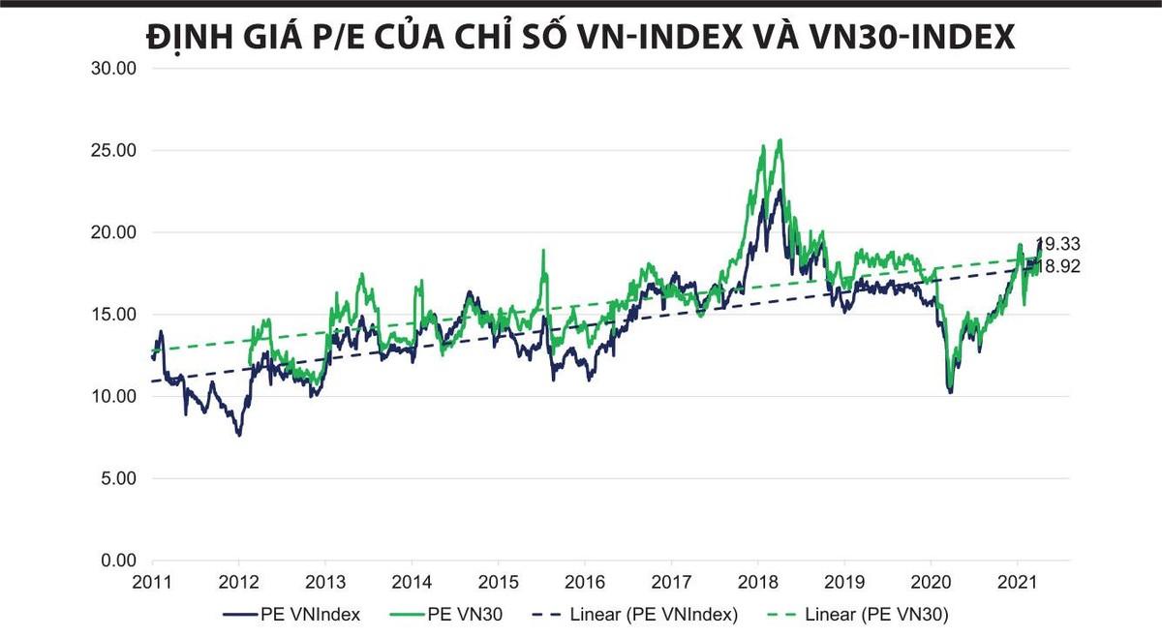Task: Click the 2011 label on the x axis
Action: coord(152,583)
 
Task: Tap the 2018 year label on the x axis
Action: coord(757,583)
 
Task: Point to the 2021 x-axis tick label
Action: coord(1017,583)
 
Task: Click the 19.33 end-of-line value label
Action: coord(1058,244)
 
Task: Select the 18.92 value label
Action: coord(1058,266)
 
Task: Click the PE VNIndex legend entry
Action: coord(291,614)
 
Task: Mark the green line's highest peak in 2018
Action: coord(780,139)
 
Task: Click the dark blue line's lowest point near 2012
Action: coord(239,436)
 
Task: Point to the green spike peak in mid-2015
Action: coord(543,250)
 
